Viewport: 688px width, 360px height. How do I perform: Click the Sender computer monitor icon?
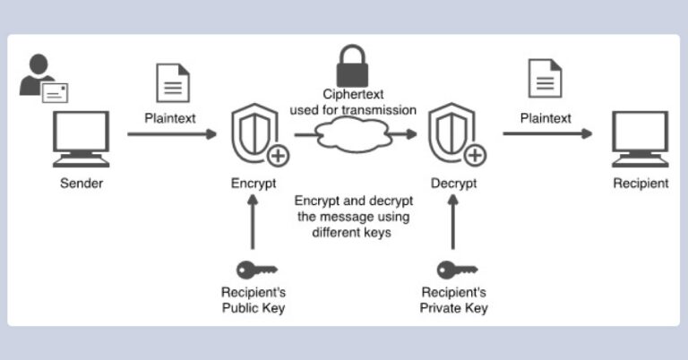coord(82,139)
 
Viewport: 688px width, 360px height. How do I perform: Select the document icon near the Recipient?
coord(545,80)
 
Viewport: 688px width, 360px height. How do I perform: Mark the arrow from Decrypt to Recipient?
coord(546,134)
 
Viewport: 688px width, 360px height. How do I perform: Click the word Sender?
coord(82,184)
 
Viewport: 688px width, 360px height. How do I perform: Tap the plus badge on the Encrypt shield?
coord(278,155)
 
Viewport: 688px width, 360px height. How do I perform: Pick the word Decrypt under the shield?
coord(452,184)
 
